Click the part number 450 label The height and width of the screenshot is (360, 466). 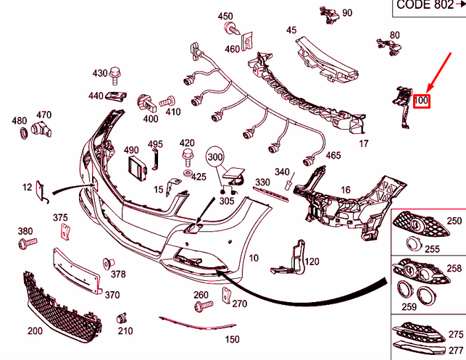coord(225,16)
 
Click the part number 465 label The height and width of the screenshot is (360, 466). coord(333,155)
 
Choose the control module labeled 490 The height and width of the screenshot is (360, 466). coord(135,168)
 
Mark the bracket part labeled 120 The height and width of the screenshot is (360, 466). coord(296,257)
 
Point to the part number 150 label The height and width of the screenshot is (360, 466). coord(231,339)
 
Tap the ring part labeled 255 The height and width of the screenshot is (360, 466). coord(416,244)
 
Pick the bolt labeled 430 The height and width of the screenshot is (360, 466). coord(115,72)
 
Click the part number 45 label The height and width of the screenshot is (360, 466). coord(291,30)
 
